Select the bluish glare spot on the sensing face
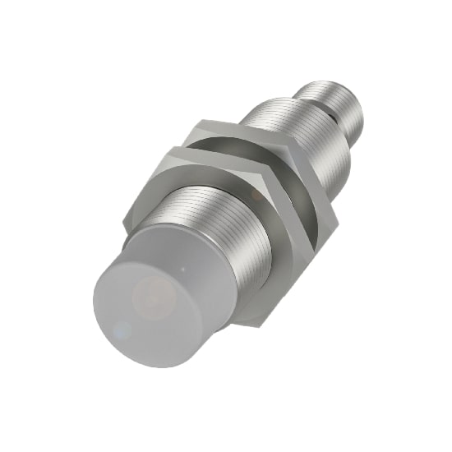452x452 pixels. [x=123, y=330]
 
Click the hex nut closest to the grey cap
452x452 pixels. [x=279, y=238]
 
